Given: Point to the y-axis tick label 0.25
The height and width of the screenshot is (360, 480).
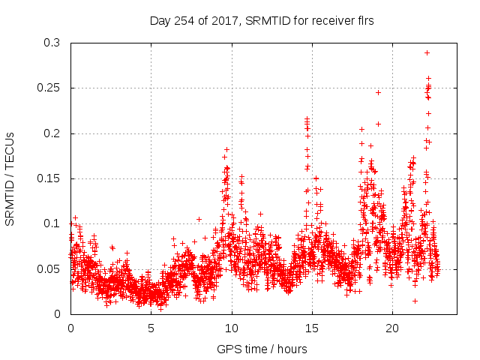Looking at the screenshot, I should (x=51, y=88).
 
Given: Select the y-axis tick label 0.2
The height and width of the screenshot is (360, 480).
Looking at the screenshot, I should (x=54, y=133).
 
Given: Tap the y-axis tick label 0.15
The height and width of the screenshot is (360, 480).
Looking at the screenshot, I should (x=51, y=178).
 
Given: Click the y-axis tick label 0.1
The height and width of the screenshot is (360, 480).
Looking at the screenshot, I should (x=54, y=223).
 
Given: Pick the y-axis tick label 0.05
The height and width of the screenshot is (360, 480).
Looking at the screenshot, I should (x=51, y=268).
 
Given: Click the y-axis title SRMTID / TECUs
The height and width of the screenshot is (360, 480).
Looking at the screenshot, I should (x=10, y=178).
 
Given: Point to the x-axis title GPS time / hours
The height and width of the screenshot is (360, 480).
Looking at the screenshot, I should (x=262, y=349).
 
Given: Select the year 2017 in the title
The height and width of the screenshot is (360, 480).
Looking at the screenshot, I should (x=229, y=21).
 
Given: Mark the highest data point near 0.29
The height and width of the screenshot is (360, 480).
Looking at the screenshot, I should (x=427, y=52).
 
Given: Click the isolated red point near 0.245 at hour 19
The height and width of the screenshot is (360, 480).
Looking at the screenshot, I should (x=378, y=93).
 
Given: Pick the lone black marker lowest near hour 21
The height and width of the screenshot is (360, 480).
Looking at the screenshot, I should (x=415, y=301).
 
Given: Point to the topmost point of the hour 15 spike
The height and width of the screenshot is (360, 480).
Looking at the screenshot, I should (x=307, y=118).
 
